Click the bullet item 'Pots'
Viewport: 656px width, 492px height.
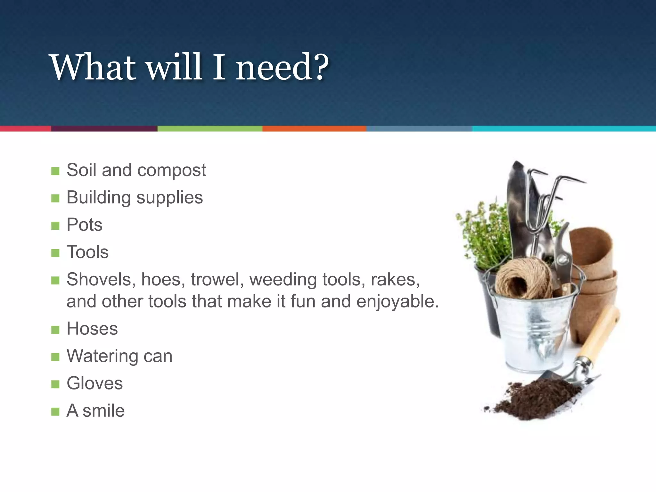pyautogui.click(x=84, y=225)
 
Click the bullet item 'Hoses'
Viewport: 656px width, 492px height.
pyautogui.click(x=92, y=329)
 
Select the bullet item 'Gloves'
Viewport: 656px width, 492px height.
pyautogui.click(x=94, y=383)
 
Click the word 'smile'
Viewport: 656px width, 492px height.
pyautogui.click(x=103, y=411)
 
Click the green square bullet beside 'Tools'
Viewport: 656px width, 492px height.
pyautogui.click(x=55, y=253)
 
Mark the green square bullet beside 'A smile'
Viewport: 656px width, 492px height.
pyautogui.click(x=55, y=412)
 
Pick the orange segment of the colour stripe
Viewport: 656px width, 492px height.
pyautogui.click(x=314, y=128)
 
